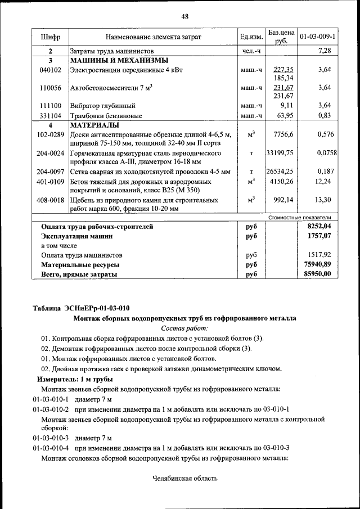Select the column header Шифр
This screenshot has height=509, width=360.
50,37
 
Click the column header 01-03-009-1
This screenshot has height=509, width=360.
318,37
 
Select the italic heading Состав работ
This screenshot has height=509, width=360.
184,327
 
